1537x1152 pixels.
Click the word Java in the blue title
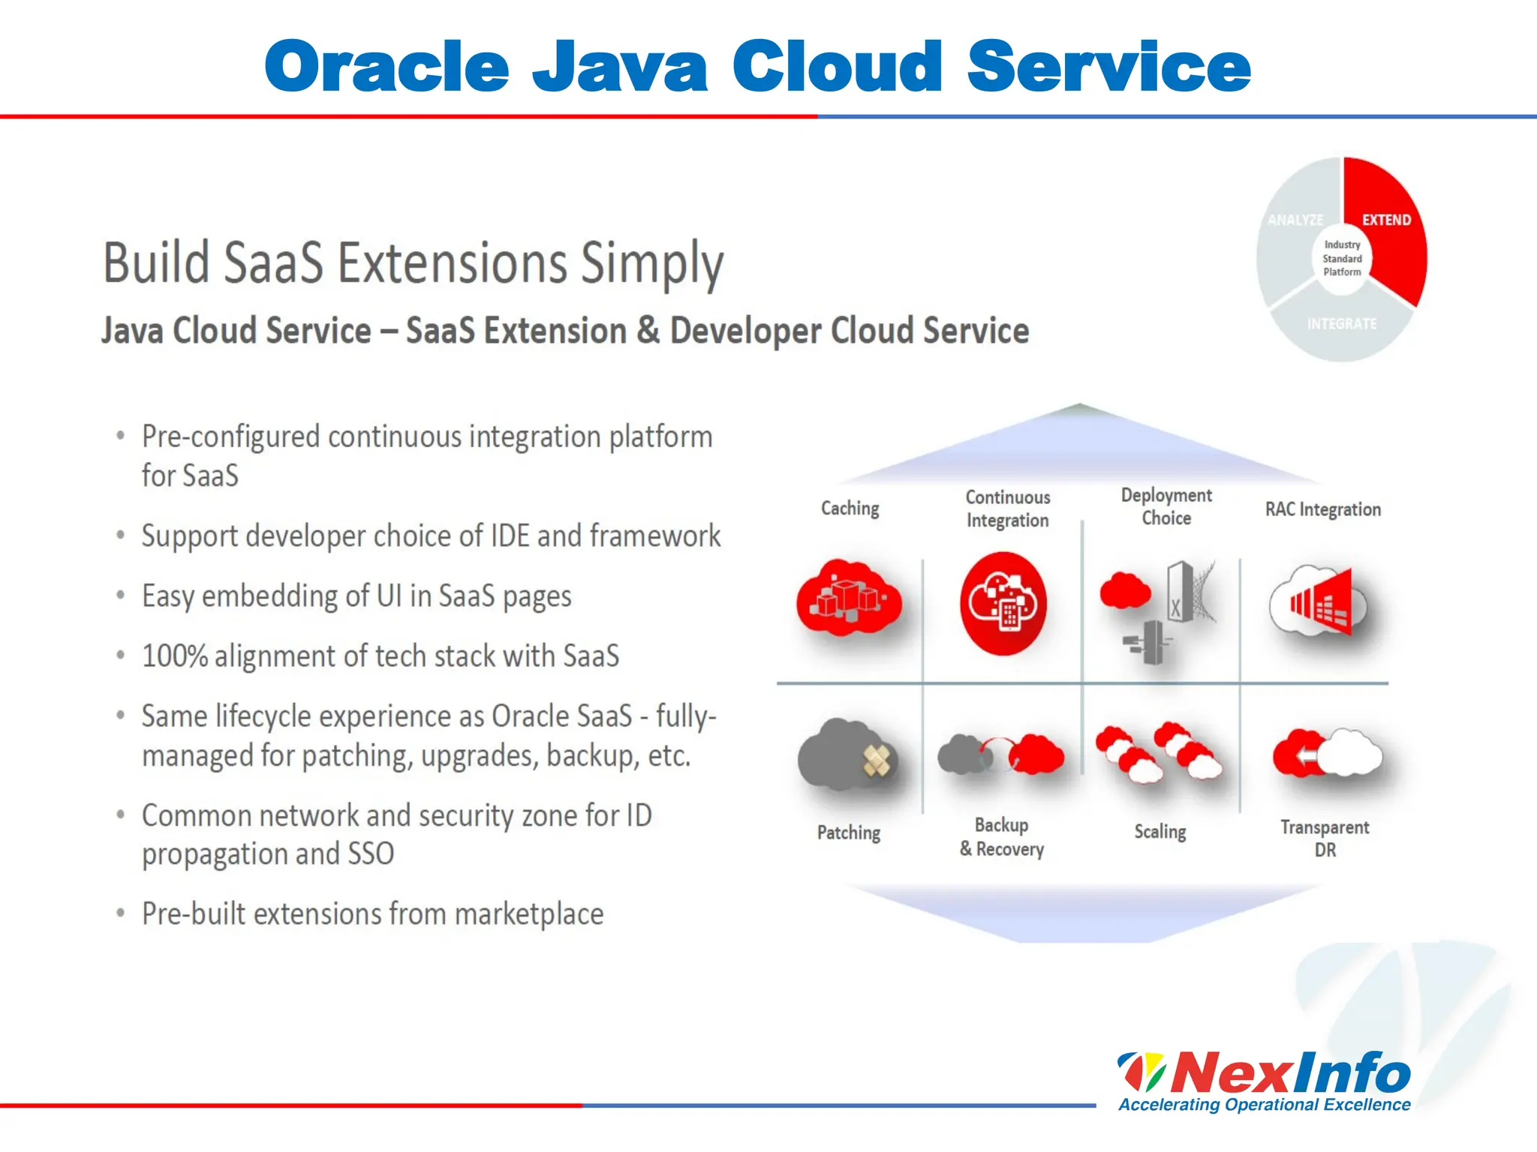(620, 67)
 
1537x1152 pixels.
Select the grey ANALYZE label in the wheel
(1295, 220)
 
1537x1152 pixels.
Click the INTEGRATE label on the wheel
(1342, 324)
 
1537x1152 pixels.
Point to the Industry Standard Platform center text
(1342, 259)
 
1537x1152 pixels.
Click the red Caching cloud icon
(849, 598)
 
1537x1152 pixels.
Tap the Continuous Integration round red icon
(1003, 603)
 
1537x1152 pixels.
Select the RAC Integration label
(1322, 509)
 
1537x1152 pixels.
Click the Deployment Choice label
(1166, 506)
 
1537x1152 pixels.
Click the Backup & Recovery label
(1002, 837)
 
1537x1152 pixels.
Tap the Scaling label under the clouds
(1160, 832)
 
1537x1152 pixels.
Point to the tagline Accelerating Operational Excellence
(1265, 1105)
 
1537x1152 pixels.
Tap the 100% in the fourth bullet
(174, 656)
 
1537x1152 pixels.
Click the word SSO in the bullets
(371, 854)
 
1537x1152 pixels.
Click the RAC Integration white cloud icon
(1317, 602)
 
